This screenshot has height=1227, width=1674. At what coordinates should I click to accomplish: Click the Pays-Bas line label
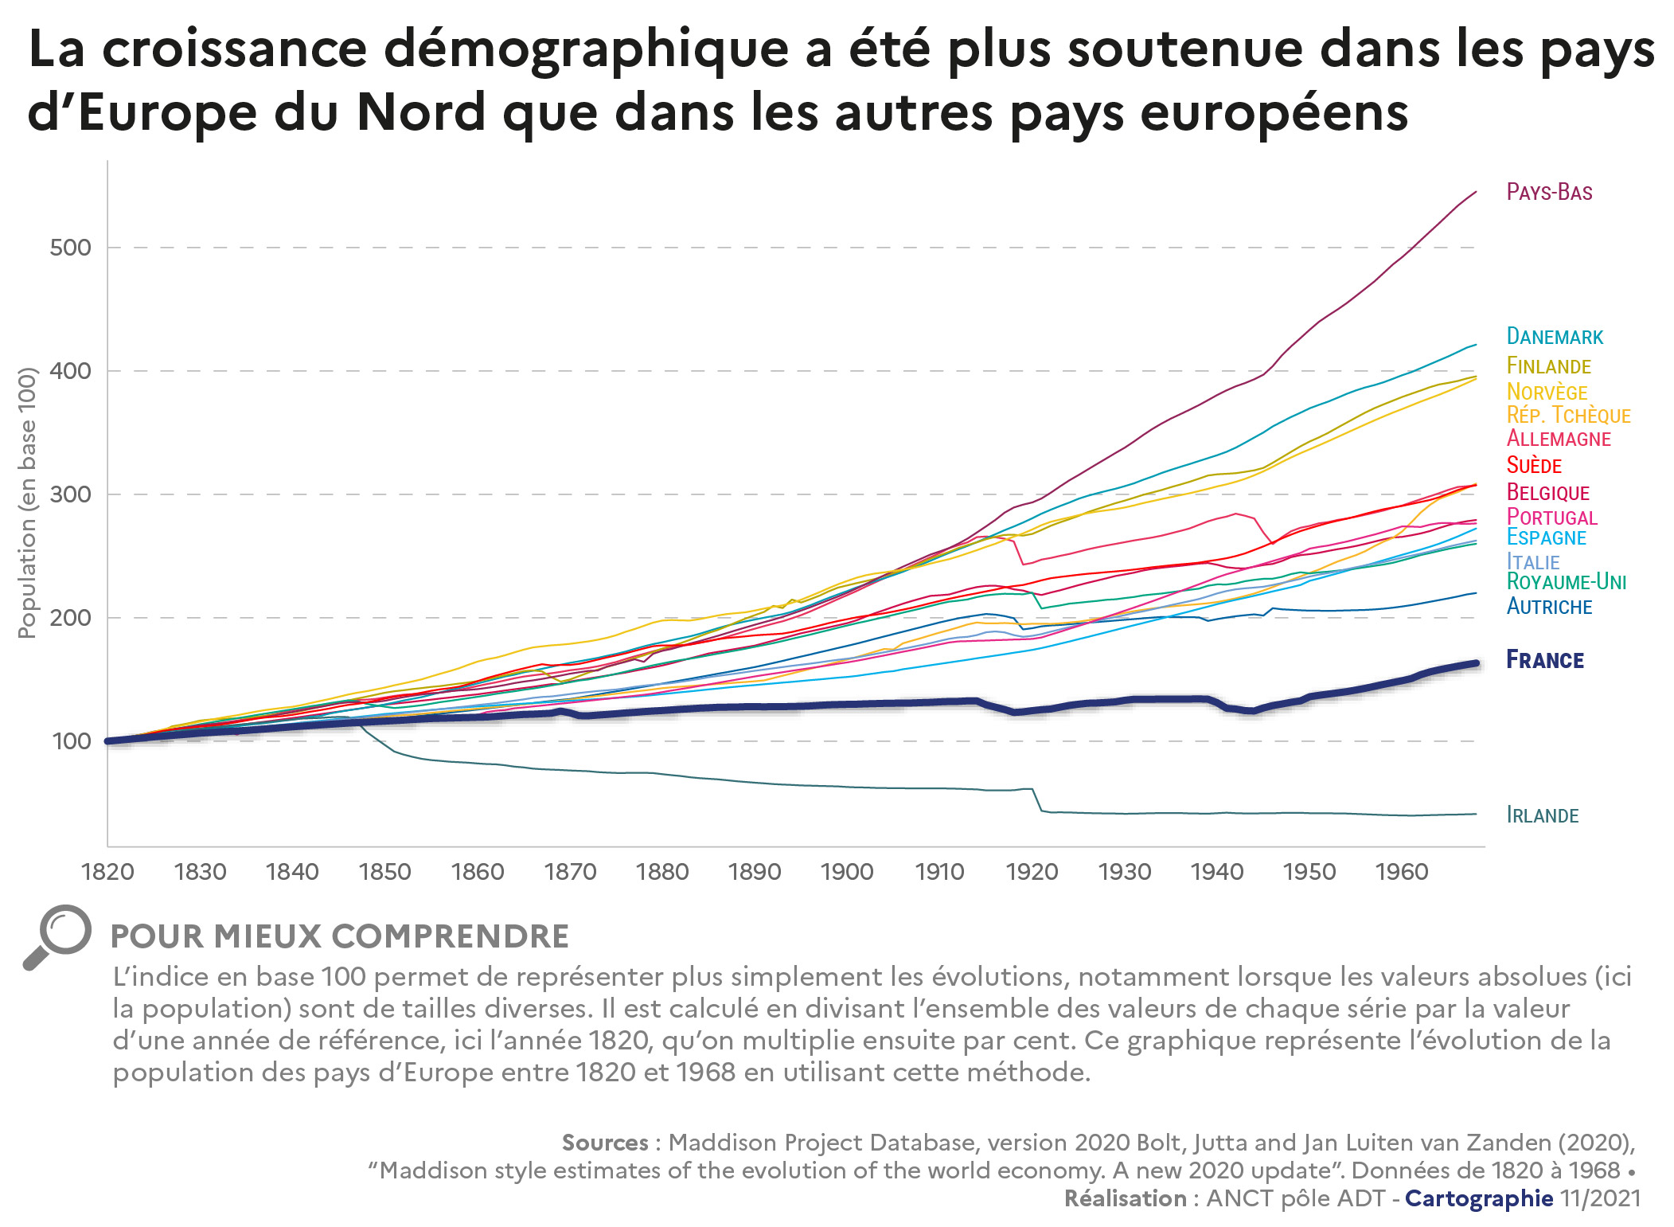click(x=1549, y=193)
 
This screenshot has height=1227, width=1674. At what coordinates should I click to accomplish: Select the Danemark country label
click(x=1555, y=337)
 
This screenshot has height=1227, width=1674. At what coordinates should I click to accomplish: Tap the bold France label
click(x=1545, y=660)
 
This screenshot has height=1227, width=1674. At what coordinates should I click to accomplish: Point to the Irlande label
click(x=1543, y=815)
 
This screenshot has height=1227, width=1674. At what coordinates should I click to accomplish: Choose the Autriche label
click(x=1549, y=607)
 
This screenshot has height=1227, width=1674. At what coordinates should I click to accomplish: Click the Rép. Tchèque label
click(x=1568, y=416)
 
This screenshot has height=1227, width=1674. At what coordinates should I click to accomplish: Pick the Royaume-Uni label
click(x=1566, y=582)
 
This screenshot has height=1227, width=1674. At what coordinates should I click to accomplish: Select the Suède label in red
click(x=1534, y=466)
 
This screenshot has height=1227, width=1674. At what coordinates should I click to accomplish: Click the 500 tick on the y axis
click(x=70, y=248)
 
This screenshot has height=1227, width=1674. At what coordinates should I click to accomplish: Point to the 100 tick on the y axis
click(x=71, y=741)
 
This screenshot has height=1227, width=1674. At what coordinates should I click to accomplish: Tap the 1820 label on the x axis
click(x=107, y=872)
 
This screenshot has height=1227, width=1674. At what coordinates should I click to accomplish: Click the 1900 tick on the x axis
click(x=847, y=872)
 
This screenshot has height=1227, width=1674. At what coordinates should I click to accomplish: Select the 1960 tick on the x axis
click(x=1402, y=872)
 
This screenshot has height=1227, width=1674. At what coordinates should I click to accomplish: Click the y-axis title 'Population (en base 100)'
click(x=28, y=502)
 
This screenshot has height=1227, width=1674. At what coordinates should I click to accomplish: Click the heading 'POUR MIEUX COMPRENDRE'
click(x=340, y=936)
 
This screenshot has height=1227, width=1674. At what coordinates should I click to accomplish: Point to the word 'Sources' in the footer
click(x=605, y=1143)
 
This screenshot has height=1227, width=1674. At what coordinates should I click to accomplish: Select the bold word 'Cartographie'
click(x=1478, y=1198)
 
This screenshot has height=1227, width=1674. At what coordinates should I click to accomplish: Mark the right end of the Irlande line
click(x=1476, y=814)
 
